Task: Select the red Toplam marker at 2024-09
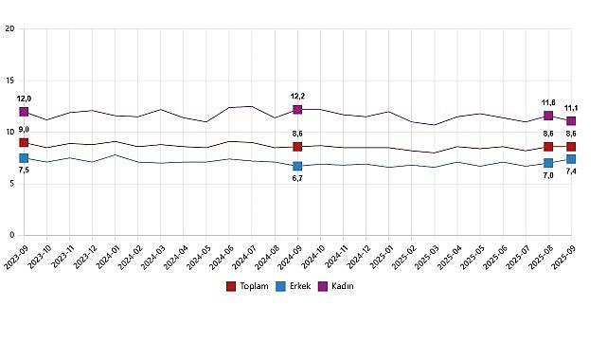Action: (297, 147)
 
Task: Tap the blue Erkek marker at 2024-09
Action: (297, 166)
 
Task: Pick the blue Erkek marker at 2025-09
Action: (571, 158)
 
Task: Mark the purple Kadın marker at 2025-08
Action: (548, 116)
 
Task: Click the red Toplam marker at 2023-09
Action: (24, 142)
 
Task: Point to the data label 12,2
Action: (297, 97)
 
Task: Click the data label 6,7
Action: (297, 179)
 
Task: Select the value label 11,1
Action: (572, 108)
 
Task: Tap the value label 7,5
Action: (24, 171)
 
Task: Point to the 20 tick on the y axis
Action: (9, 28)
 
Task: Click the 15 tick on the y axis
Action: (9, 81)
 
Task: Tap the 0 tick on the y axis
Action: (11, 235)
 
